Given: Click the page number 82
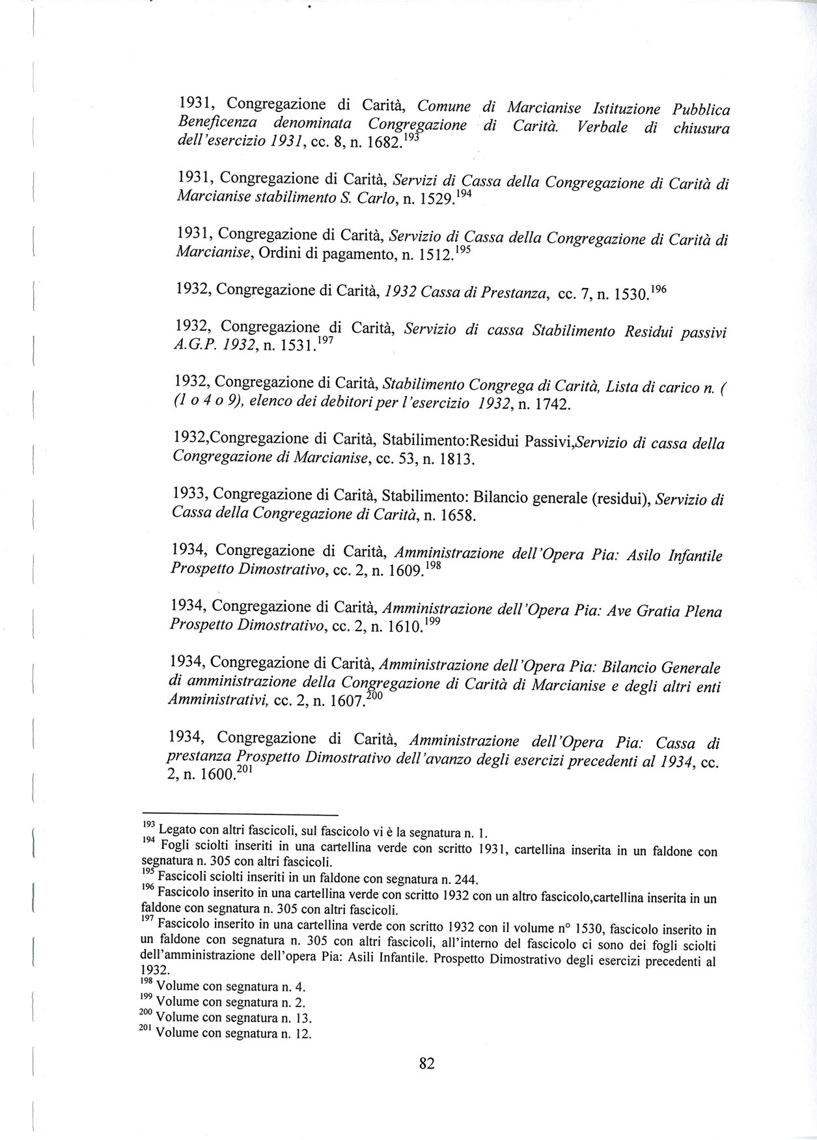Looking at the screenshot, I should coord(426,1064).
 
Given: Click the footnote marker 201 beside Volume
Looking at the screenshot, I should coord(147,1031).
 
